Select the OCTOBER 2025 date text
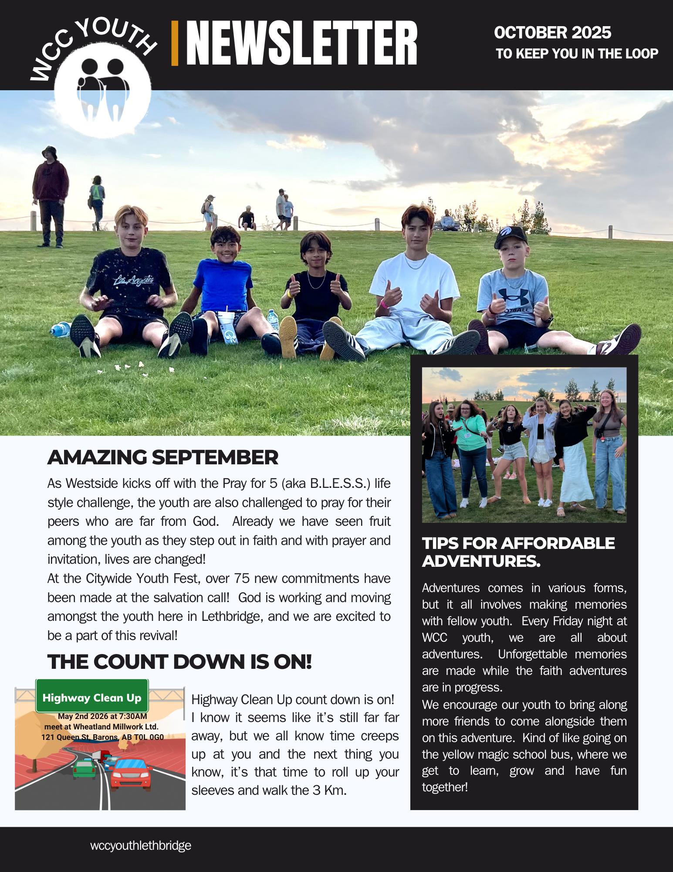pyautogui.click(x=552, y=33)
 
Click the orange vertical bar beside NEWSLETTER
pyautogui.click(x=175, y=43)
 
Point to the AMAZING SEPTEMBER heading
pyautogui.click(x=162, y=457)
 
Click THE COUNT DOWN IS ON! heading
pyautogui.click(x=179, y=662)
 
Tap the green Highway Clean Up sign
pyautogui.click(x=92, y=698)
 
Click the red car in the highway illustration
pyautogui.click(x=131, y=774)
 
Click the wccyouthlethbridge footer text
pyautogui.click(x=141, y=846)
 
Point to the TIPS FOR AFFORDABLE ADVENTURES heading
pyautogui.click(x=518, y=552)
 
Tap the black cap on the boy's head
pyautogui.click(x=511, y=236)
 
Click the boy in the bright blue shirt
pyautogui.click(x=223, y=283)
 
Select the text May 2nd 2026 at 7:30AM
pyautogui.click(x=102, y=716)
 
